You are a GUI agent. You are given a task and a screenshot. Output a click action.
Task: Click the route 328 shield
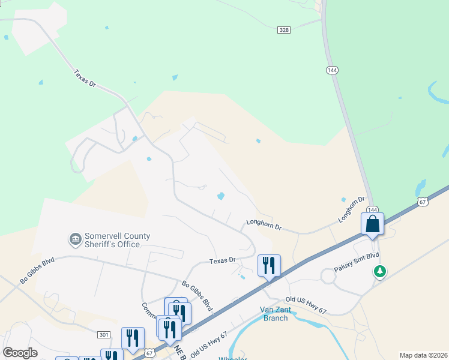click(285, 29)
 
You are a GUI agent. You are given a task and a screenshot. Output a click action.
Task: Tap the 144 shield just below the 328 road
click(332, 70)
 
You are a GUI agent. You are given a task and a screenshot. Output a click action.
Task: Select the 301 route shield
click(103, 334)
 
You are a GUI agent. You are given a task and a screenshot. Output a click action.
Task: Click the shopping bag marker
click(372, 225)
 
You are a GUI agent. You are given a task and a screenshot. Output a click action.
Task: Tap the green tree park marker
click(379, 272)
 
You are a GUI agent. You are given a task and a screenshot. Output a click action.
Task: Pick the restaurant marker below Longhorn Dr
click(269, 265)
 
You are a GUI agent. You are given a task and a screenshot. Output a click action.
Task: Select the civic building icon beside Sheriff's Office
click(76, 240)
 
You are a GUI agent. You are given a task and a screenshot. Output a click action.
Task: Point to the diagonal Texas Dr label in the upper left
click(85, 79)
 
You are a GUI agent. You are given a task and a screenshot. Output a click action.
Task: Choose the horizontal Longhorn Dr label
click(264, 226)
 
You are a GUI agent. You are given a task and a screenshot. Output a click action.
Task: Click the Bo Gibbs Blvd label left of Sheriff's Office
click(37, 271)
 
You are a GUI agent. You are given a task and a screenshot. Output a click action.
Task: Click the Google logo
click(20, 353)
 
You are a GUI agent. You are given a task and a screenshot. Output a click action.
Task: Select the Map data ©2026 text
click(423, 355)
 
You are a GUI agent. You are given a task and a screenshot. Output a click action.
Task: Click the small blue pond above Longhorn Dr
click(221, 196)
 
